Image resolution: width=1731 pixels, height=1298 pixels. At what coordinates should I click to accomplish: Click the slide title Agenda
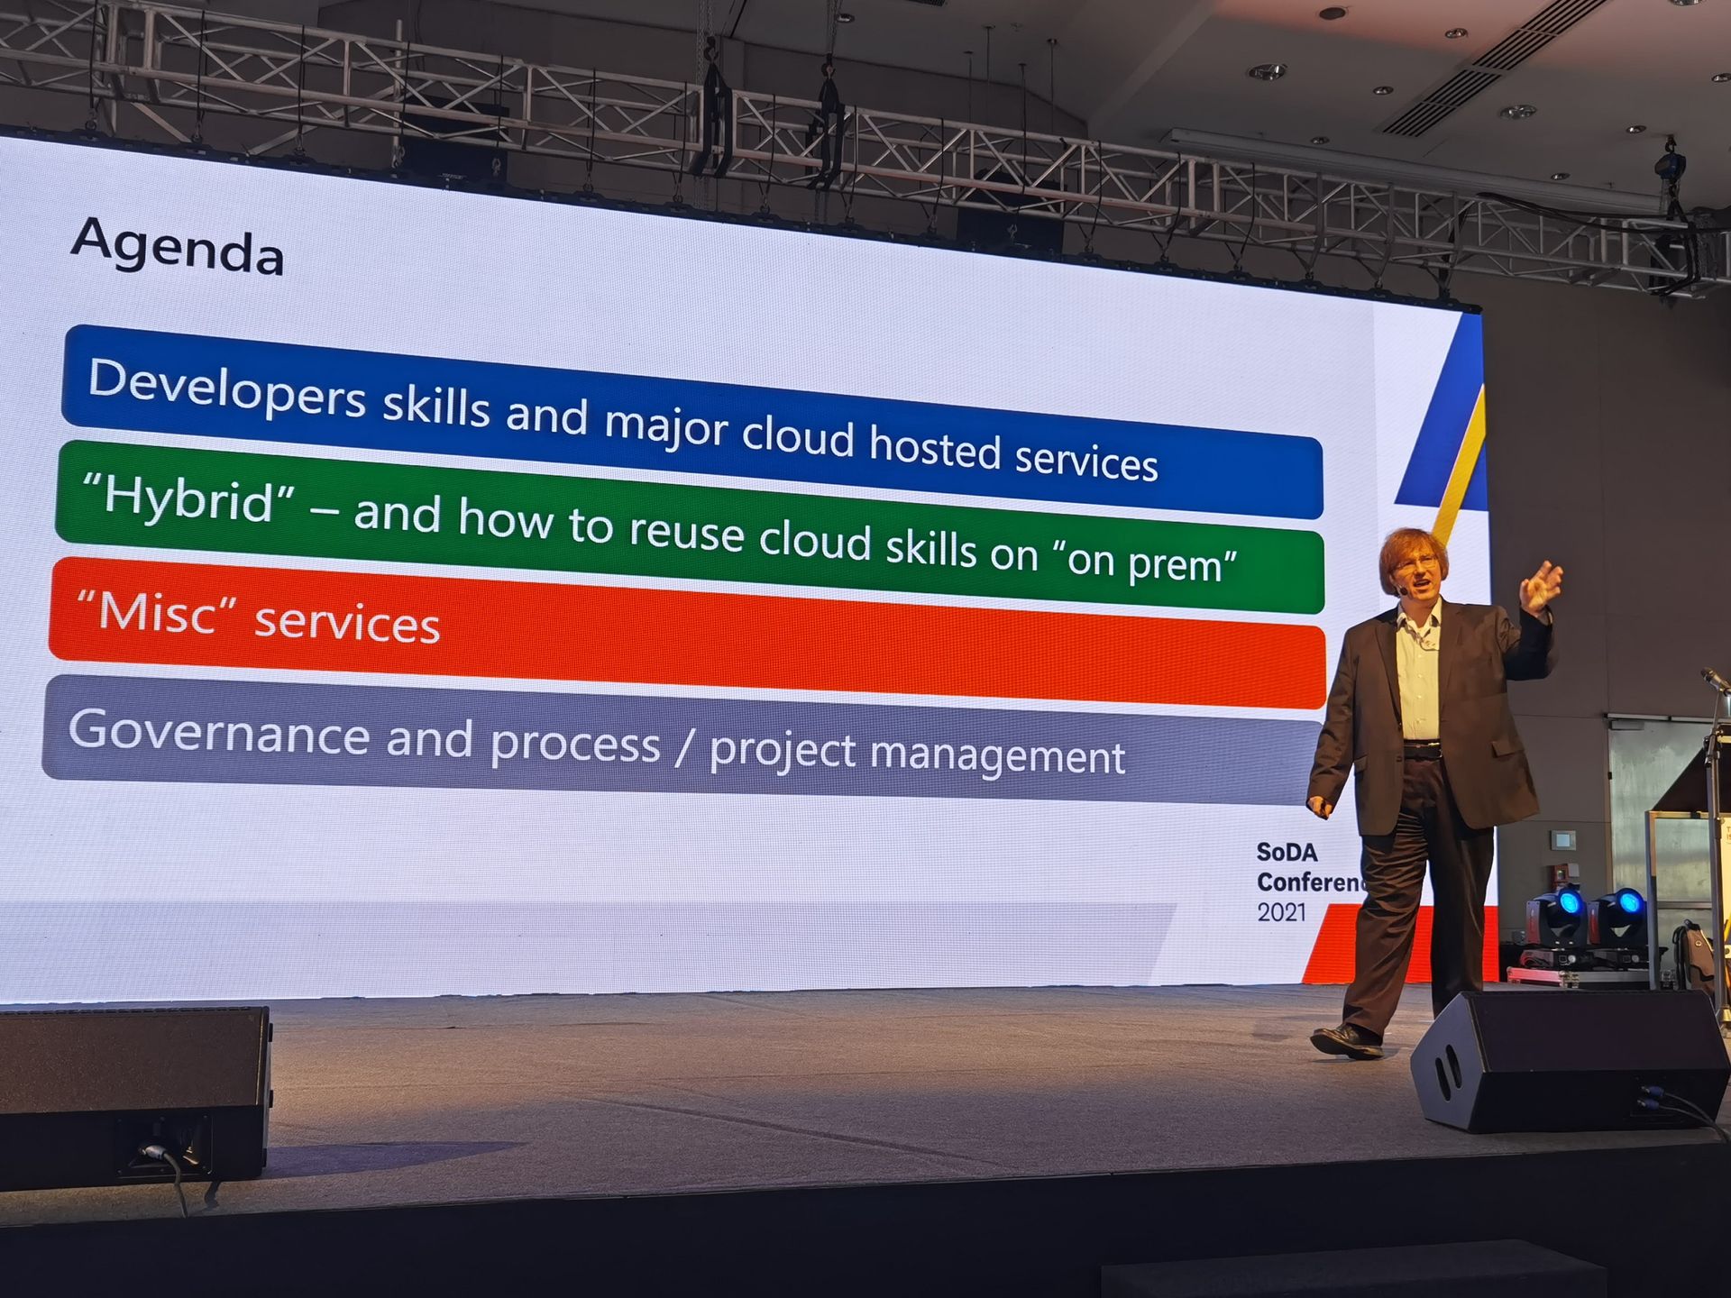point(178,245)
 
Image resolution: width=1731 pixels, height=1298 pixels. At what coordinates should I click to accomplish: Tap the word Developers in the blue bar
point(227,388)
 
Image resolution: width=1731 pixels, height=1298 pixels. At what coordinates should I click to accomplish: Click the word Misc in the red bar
point(157,613)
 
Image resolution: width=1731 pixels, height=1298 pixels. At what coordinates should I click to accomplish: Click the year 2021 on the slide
point(1281,912)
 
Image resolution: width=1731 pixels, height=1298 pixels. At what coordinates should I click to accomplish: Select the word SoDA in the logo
point(1287,852)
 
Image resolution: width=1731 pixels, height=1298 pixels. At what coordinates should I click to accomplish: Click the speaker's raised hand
point(1541,587)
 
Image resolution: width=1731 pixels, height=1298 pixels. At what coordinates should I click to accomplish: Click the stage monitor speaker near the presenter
point(1569,1060)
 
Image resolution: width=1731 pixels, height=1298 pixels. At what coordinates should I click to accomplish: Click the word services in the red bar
point(347,623)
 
